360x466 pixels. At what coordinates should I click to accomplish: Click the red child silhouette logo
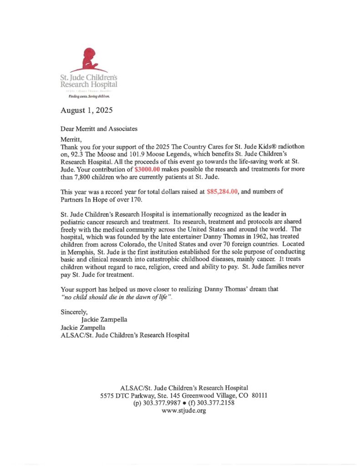87,60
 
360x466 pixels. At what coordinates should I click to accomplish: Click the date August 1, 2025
87,111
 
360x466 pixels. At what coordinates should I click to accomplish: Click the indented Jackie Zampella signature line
104,320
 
